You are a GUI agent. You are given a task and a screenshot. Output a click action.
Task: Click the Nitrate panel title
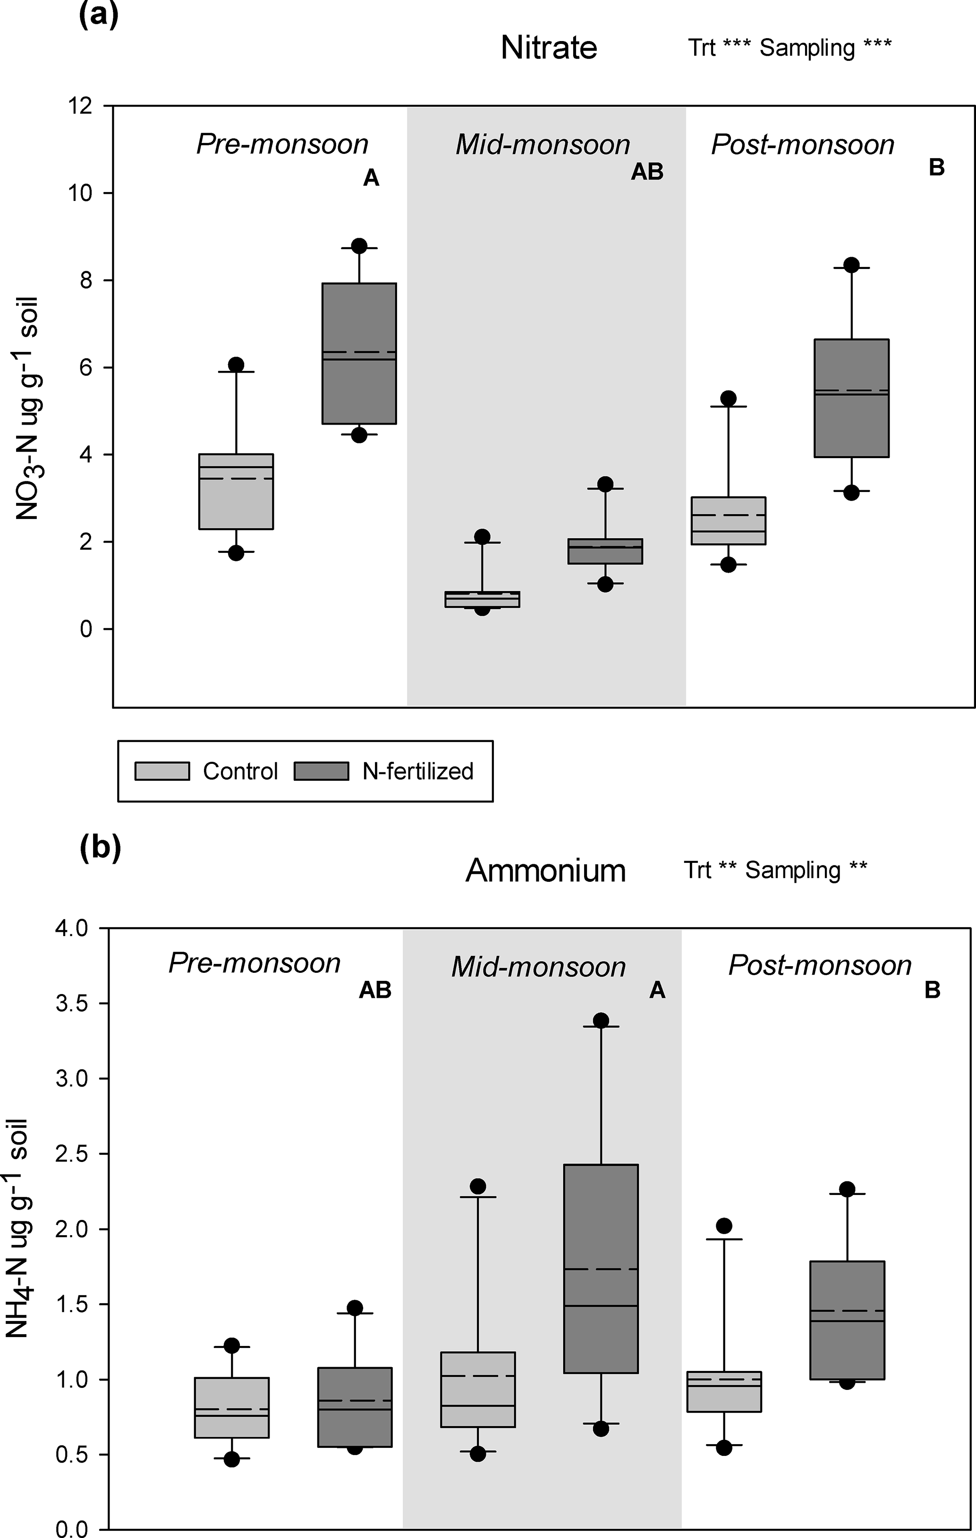pos(548,48)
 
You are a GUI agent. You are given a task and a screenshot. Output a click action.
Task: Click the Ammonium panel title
pos(545,870)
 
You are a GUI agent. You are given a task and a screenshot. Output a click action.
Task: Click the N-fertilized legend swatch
pos(321,771)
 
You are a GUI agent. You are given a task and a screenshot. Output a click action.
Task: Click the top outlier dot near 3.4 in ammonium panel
pos(601,1020)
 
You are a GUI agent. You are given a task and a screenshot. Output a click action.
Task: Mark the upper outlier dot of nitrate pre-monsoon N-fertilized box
pos(359,246)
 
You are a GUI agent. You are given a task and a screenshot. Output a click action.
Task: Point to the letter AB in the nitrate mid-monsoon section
pos(647,171)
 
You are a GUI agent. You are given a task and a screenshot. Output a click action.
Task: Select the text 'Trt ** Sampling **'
pos(775,870)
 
